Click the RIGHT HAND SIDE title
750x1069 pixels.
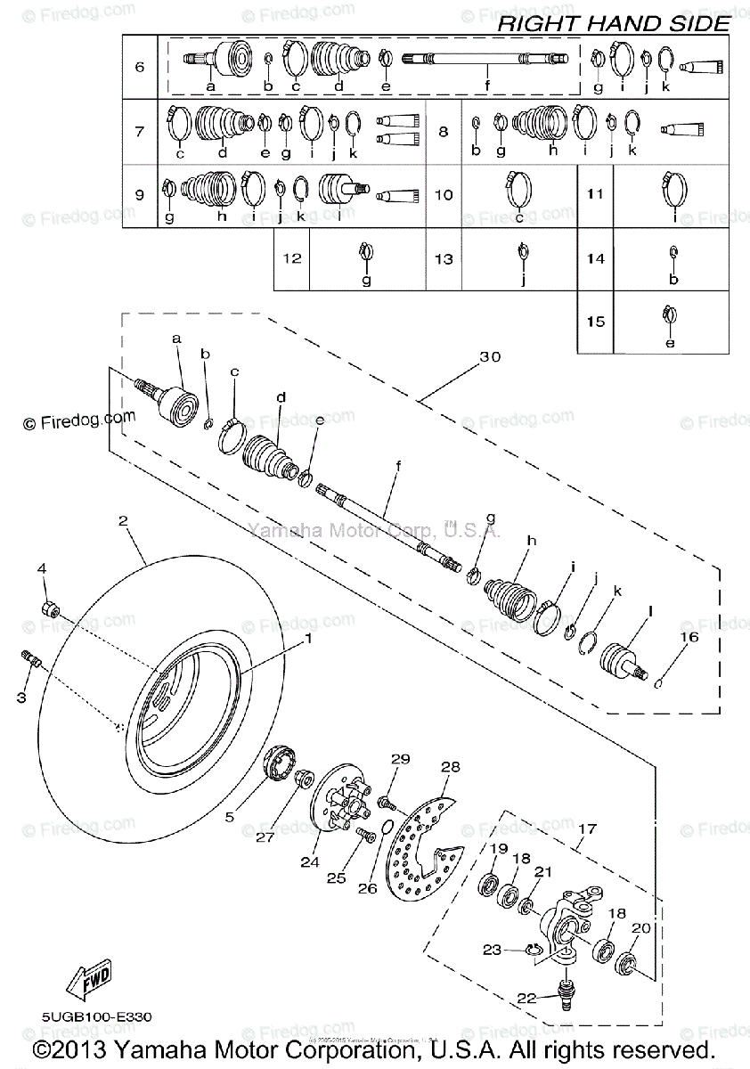click(613, 23)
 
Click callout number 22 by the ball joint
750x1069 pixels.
click(526, 999)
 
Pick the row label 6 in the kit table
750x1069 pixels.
click(139, 68)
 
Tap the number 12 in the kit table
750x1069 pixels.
click(292, 259)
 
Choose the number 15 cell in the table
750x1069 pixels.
click(595, 322)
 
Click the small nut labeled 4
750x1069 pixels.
click(52, 610)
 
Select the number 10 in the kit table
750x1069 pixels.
click(444, 194)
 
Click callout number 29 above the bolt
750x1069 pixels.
click(400, 758)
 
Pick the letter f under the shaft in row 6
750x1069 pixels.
click(487, 86)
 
